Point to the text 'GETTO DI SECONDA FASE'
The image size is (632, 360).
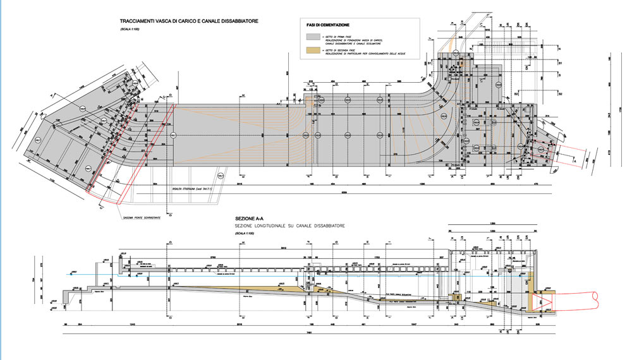(340, 49)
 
